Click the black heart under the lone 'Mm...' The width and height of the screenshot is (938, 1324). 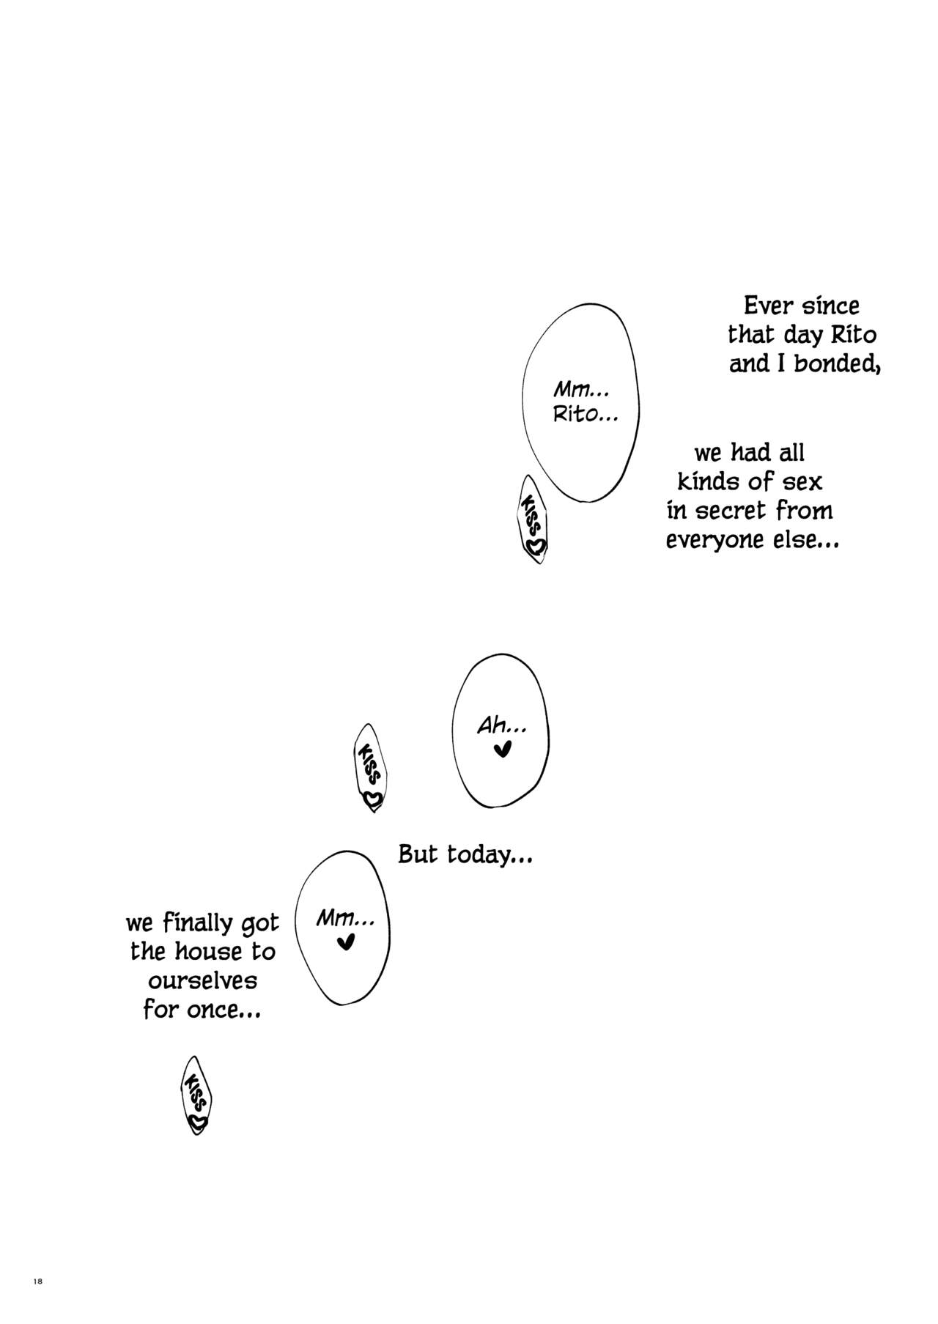(345, 942)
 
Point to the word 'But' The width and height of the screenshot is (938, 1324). (418, 854)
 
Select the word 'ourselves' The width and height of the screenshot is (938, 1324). (202, 981)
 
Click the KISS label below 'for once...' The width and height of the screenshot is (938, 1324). (196, 1096)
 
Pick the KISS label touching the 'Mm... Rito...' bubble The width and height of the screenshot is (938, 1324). (533, 519)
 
